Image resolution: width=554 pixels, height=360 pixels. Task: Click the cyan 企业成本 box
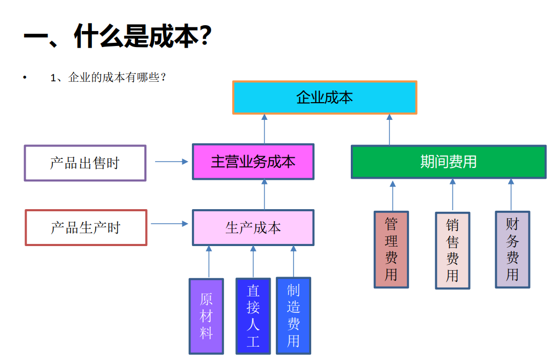325,97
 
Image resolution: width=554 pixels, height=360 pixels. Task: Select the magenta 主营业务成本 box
253,162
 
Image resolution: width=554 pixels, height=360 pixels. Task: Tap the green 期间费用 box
448,162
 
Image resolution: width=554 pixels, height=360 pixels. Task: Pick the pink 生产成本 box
253,227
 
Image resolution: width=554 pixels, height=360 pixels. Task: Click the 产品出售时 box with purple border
85,163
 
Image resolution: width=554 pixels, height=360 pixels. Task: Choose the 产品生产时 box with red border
86,228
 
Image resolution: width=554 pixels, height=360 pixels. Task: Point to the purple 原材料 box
206,316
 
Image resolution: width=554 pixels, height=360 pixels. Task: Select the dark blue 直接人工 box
253,316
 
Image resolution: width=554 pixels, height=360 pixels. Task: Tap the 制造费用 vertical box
293,316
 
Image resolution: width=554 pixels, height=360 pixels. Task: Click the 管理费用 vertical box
391,249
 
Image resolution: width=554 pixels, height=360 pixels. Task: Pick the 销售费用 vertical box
452,251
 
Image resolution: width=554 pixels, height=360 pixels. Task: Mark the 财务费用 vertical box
512,249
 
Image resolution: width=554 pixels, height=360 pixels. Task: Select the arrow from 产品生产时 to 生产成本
170,224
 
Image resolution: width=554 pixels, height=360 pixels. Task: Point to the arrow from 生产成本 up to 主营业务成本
264,194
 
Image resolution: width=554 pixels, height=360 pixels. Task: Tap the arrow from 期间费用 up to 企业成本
389,129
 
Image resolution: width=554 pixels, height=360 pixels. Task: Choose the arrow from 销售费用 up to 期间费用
452,195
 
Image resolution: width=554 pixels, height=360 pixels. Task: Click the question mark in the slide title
204,36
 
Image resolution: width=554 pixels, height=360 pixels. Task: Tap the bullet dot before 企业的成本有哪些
24,78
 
